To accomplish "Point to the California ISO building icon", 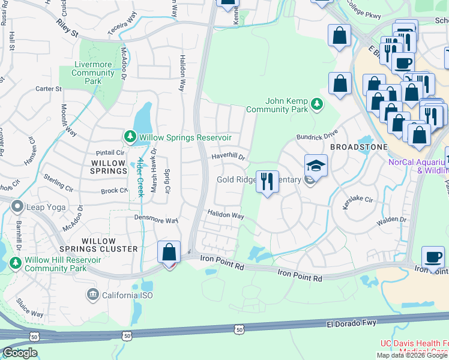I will coord(92,295).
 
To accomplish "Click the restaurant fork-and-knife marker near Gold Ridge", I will coord(267,180).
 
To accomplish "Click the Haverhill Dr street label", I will coord(228,157).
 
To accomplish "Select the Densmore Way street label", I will coord(156,220).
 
